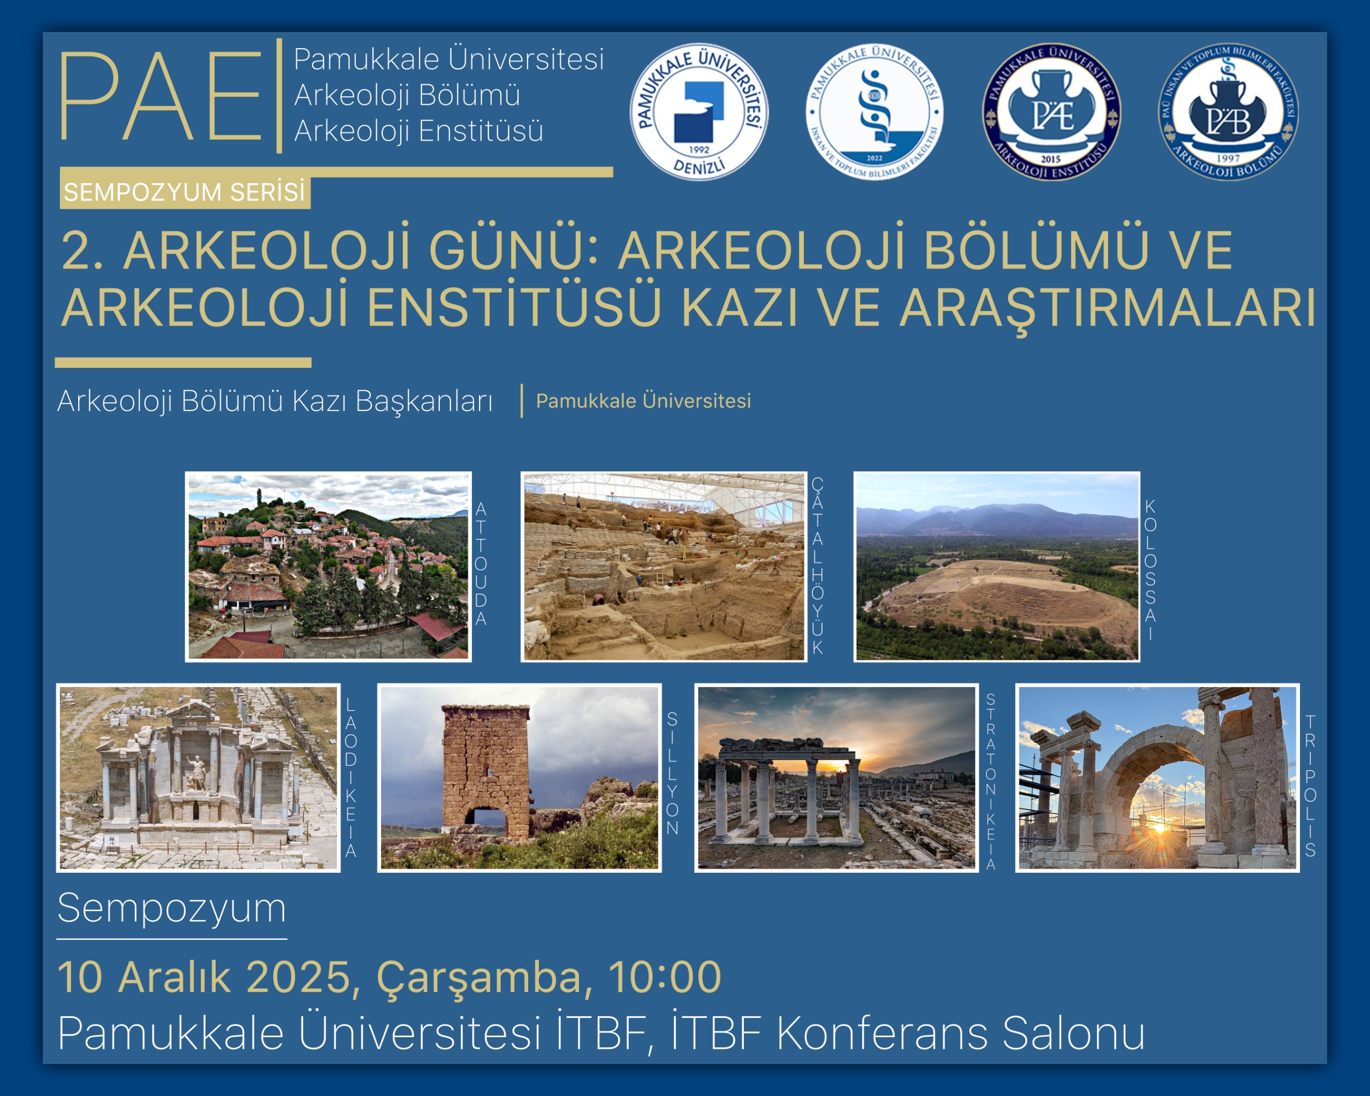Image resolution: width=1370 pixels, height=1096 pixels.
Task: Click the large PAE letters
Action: click(x=161, y=96)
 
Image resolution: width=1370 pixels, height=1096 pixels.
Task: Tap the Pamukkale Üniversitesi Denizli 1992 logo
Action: click(x=699, y=112)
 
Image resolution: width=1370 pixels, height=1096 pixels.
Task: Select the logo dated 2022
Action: click(x=874, y=112)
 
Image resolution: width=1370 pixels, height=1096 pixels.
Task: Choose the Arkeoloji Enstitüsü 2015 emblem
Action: click(x=1052, y=112)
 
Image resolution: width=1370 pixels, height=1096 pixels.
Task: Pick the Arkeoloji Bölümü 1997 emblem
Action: click(x=1228, y=112)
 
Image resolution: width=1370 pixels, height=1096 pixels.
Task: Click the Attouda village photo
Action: click(x=328, y=567)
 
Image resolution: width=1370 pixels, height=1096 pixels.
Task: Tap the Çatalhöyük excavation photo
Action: click(x=664, y=567)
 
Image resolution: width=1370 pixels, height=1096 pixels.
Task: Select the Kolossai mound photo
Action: click(x=996, y=567)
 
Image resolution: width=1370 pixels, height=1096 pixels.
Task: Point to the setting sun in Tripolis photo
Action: click(x=1159, y=827)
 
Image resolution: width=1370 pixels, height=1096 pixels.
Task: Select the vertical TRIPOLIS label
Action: click(x=1310, y=786)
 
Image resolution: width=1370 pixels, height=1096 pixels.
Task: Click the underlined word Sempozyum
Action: click(x=172, y=908)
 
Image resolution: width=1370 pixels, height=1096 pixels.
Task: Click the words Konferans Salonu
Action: click(x=960, y=1033)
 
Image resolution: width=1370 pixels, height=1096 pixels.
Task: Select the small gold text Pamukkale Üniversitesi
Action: click(x=643, y=401)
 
